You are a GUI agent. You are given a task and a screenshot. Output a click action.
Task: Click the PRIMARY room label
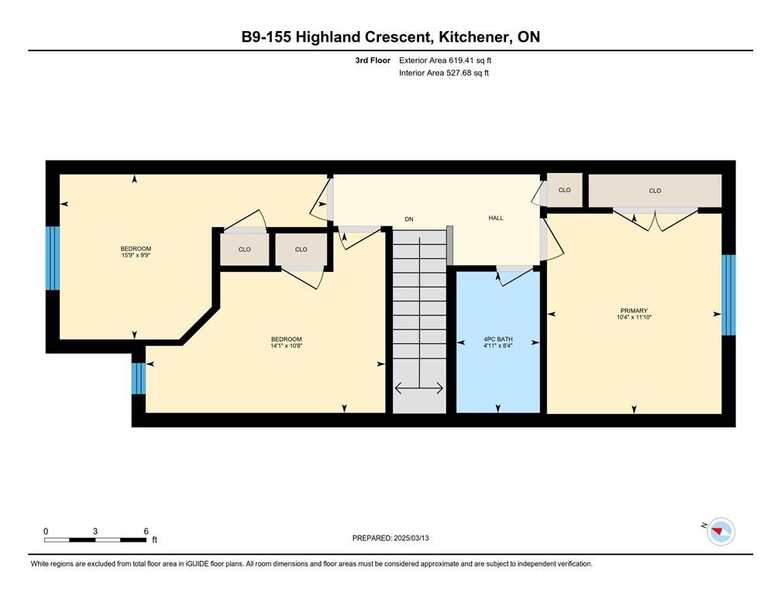click(x=634, y=311)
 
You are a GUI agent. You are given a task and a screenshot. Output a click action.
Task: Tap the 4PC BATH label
click(x=498, y=339)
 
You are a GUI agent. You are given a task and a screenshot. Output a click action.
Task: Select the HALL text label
click(x=496, y=218)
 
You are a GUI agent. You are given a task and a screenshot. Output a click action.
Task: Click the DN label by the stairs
click(x=409, y=219)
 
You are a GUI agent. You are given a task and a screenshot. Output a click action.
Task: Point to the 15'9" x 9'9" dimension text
click(x=136, y=255)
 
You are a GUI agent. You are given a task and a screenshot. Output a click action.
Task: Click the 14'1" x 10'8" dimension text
click(x=287, y=346)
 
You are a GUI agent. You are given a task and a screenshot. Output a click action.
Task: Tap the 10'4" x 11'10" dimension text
click(x=634, y=317)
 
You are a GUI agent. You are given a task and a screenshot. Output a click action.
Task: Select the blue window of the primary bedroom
click(x=728, y=295)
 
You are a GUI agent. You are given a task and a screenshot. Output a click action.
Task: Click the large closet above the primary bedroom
click(x=655, y=191)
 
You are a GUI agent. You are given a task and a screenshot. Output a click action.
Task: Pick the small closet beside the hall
click(x=564, y=190)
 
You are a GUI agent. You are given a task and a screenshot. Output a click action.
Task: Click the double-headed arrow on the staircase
click(x=419, y=388)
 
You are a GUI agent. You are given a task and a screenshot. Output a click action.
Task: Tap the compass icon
click(x=721, y=532)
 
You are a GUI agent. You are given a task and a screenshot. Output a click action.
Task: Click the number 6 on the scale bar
click(x=146, y=531)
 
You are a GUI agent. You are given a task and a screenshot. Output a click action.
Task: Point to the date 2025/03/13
click(x=411, y=538)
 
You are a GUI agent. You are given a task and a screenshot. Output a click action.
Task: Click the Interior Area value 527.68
click(x=459, y=73)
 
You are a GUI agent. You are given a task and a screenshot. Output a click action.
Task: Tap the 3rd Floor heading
click(x=373, y=60)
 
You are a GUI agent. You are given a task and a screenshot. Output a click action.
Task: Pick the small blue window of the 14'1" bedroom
click(x=139, y=378)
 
